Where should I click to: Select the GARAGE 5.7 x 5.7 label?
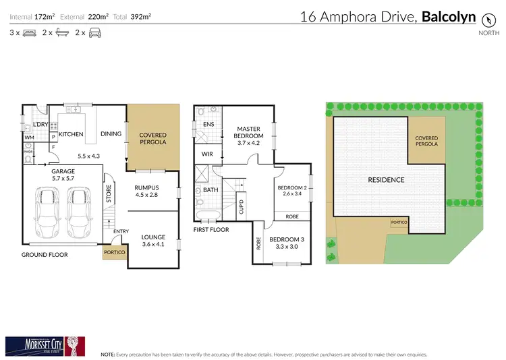[x=63, y=175]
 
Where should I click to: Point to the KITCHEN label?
[x=71, y=134]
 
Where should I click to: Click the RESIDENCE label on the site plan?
[x=386, y=180]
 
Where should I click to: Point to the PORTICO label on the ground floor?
[x=113, y=253]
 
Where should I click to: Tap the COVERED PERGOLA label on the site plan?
[x=426, y=140]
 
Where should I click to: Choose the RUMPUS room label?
[x=146, y=191]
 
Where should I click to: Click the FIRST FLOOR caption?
[x=211, y=230]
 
